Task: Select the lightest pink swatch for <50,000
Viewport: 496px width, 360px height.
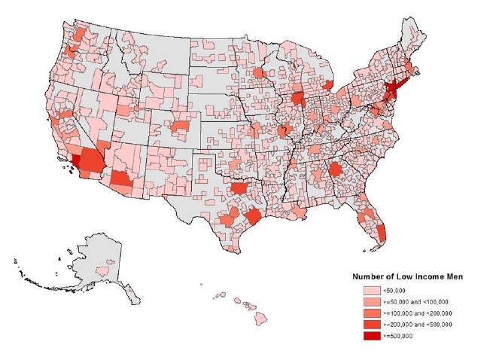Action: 371,289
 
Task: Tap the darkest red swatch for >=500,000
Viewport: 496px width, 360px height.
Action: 371,335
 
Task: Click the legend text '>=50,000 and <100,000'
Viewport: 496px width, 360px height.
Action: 416,301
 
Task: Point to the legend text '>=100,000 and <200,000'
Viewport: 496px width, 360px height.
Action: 418,313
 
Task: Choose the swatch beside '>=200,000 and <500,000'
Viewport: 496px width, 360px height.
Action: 371,324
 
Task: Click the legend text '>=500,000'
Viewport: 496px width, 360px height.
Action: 399,335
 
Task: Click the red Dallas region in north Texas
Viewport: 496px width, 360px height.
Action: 240,188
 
